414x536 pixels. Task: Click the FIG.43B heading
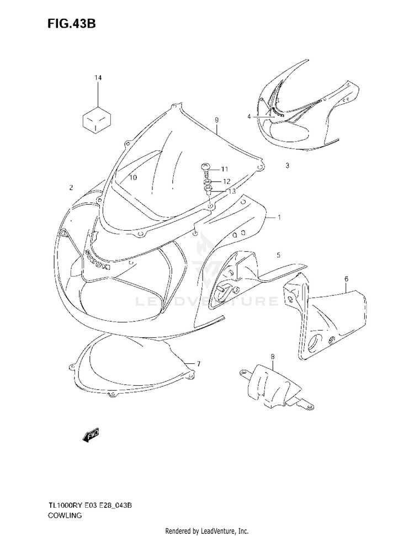[71, 24]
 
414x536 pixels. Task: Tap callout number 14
[98, 78]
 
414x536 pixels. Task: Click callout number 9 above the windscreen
[217, 120]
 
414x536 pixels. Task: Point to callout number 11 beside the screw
[224, 169]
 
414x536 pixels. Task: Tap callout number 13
[232, 192]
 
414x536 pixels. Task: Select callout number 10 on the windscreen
[133, 177]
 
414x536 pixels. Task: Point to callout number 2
[71, 187]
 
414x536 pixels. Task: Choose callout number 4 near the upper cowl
[249, 117]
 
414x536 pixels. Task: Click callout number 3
[288, 166]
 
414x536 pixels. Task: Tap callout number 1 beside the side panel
[279, 217]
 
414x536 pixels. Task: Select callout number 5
[279, 254]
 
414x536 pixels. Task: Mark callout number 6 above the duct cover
[346, 279]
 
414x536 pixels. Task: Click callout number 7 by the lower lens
[199, 364]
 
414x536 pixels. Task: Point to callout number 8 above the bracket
[273, 357]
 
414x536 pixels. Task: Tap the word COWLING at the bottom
[65, 516]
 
